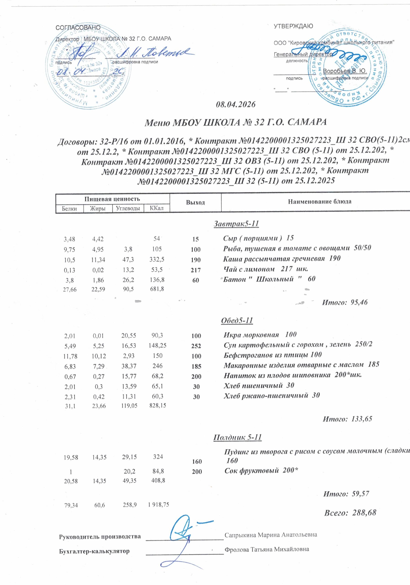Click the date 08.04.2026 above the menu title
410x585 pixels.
click(x=235, y=105)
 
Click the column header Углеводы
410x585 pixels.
click(x=128, y=208)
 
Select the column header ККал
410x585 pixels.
click(x=156, y=208)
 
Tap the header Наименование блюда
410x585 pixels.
click(x=320, y=202)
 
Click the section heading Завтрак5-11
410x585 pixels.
click(x=236, y=224)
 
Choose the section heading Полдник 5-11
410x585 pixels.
click(x=237, y=437)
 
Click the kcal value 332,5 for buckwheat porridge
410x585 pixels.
click(x=157, y=259)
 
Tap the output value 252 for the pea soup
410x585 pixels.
click(x=196, y=346)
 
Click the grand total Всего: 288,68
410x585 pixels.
click(x=350, y=513)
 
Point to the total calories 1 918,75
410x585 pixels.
click(x=158, y=505)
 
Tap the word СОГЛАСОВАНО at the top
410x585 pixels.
click(x=78, y=27)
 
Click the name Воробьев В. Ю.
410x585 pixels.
click(x=345, y=71)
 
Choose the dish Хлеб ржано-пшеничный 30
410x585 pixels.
click(x=271, y=395)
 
